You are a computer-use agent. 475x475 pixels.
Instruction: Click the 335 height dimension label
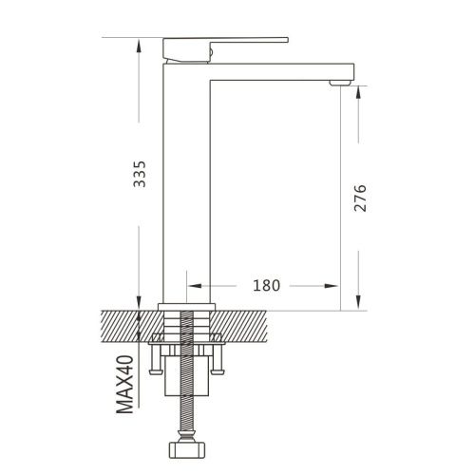pos(140,174)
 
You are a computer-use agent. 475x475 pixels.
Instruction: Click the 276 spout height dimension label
pos(360,198)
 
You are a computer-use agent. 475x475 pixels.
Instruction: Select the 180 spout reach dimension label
pos(266,285)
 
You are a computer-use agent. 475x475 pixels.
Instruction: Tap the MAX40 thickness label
pos(124,385)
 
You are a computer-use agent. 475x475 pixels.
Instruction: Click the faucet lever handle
pos(225,48)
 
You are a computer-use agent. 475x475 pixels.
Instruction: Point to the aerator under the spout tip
pos(340,83)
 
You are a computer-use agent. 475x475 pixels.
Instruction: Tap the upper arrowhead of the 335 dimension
pos(139,45)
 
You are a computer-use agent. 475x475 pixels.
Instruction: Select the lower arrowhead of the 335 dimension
pos(139,302)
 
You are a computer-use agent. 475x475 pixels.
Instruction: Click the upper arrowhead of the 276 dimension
pos(358,93)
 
